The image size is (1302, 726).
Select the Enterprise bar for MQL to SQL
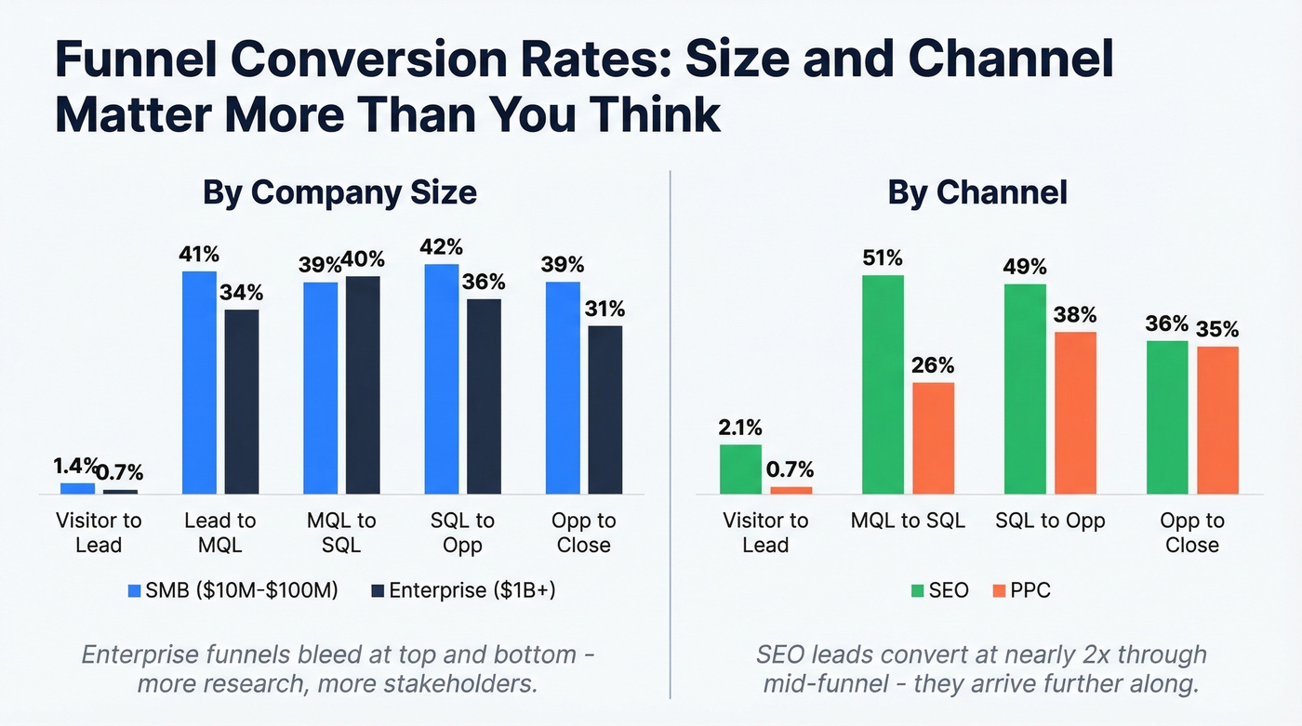tap(363, 385)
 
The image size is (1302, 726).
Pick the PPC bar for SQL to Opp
tap(1075, 413)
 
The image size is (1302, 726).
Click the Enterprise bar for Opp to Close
tap(605, 409)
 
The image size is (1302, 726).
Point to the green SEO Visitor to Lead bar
tap(740, 469)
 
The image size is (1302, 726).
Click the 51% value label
tap(883, 257)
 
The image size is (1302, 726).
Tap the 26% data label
tap(934, 365)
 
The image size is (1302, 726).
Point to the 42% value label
tap(442, 246)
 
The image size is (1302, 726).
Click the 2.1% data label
tap(740, 428)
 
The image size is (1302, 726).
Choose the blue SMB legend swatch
tap(133, 590)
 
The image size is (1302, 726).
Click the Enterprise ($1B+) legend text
tap(472, 590)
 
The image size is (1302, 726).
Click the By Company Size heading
tap(339, 192)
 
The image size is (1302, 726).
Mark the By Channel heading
tap(977, 192)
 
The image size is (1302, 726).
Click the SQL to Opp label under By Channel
tap(1050, 521)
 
